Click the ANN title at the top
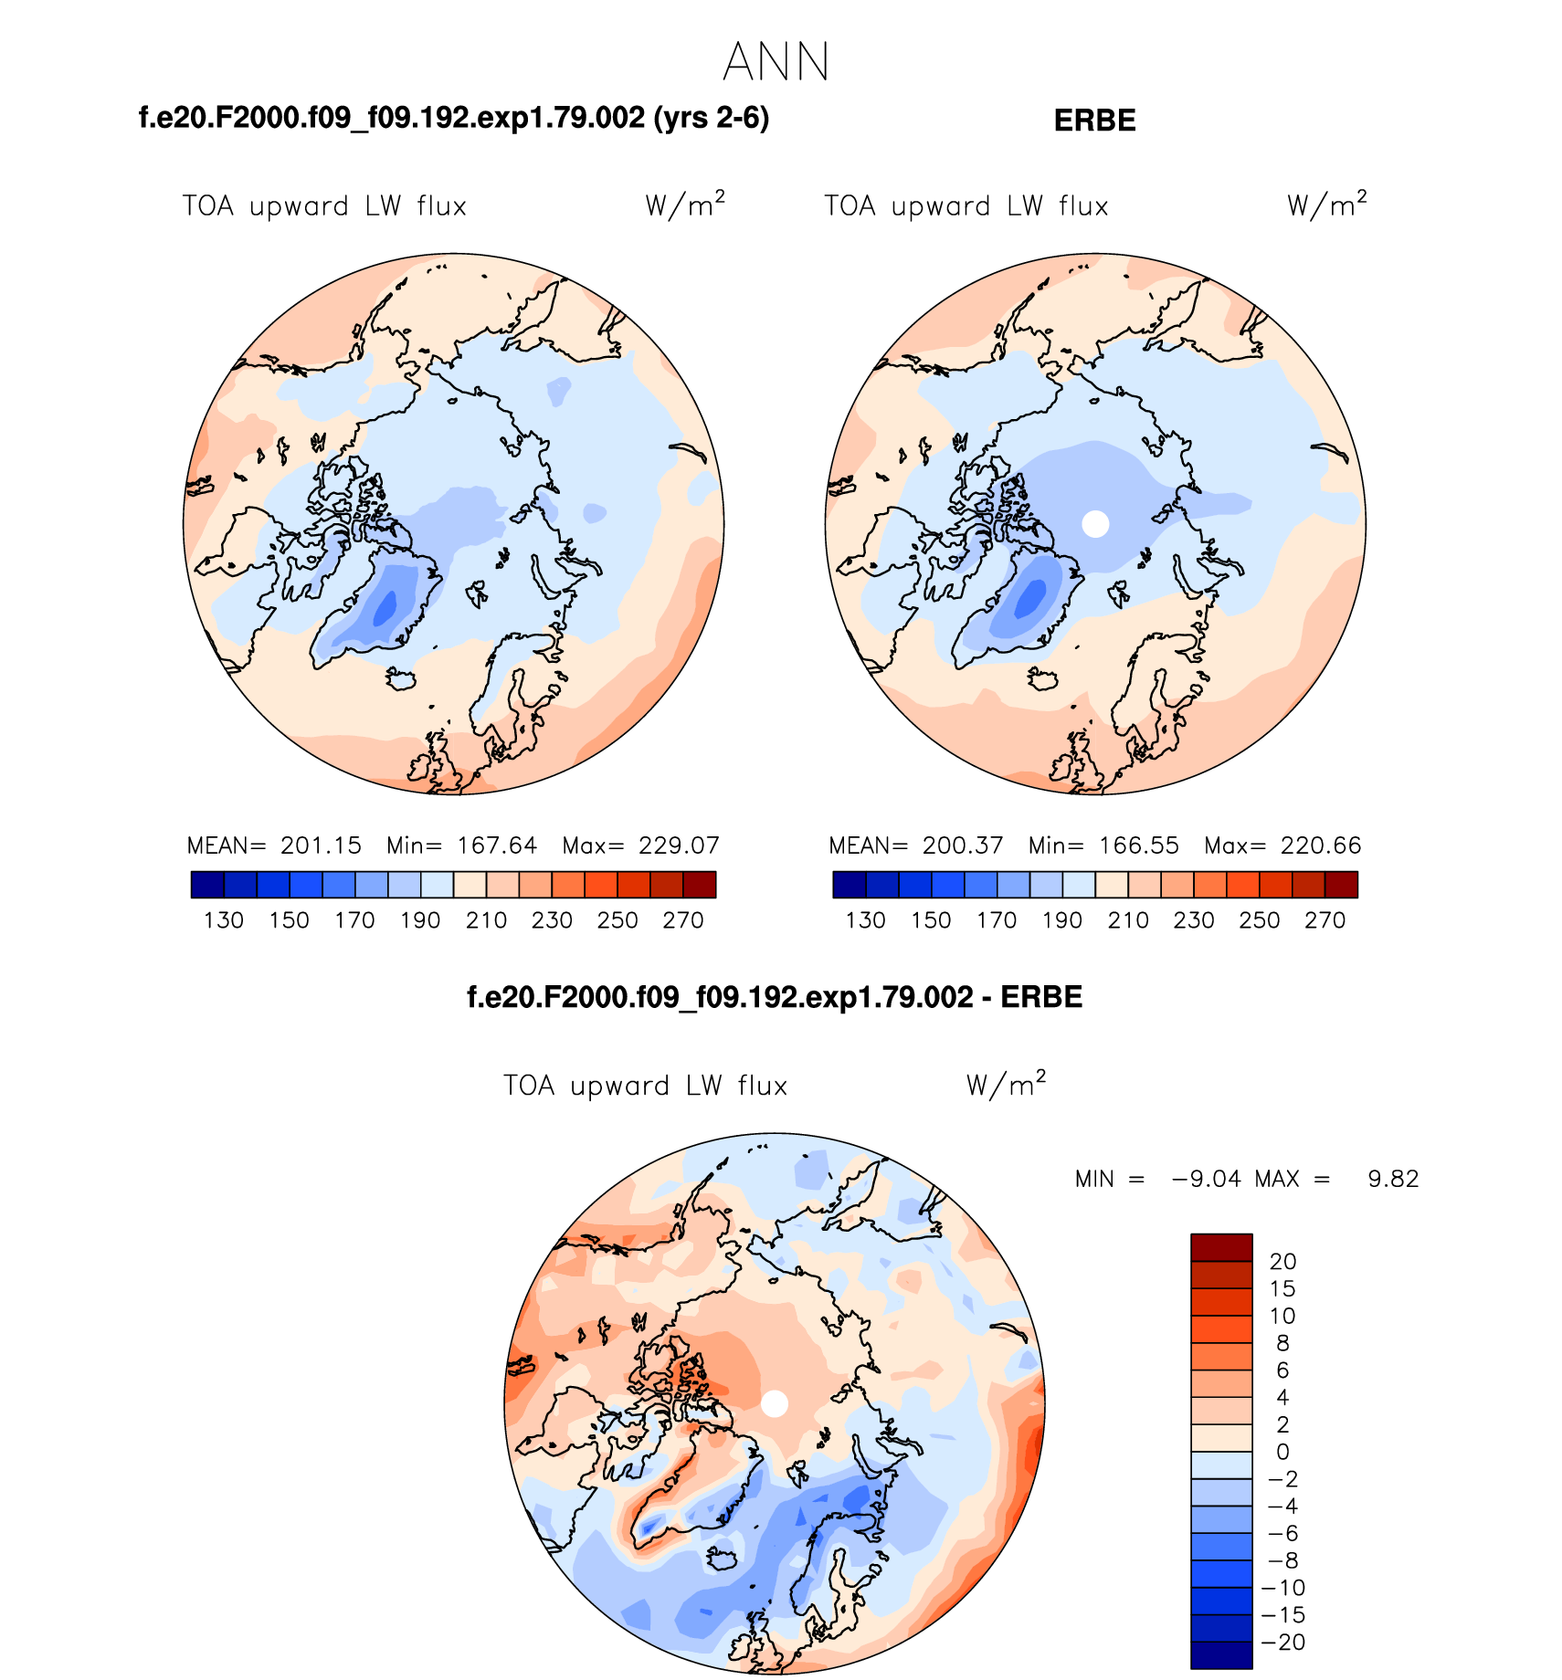click(776, 62)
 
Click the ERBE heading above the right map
click(1094, 121)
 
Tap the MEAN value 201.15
click(321, 845)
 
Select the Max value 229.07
click(679, 845)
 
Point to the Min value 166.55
click(1138, 845)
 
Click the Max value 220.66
click(1321, 845)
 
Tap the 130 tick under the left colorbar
click(224, 920)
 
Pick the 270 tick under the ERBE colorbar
click(1325, 920)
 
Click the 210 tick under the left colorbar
click(486, 920)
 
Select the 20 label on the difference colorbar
click(1282, 1262)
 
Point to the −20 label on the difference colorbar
click(1282, 1643)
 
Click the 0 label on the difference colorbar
click(1282, 1452)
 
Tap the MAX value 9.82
click(1393, 1179)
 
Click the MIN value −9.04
click(1206, 1179)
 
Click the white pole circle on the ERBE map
click(1095, 524)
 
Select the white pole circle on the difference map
click(775, 1403)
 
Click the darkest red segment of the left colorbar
click(700, 885)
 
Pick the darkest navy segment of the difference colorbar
click(1221, 1655)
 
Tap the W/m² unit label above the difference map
click(1006, 1085)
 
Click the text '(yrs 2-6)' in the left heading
click(712, 119)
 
